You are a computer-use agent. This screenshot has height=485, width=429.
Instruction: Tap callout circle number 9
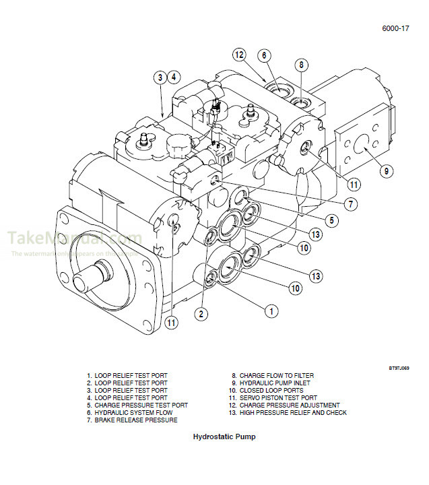[386, 171]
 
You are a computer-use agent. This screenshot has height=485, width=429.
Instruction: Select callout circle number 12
[240, 55]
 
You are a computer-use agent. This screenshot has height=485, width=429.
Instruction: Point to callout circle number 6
[264, 55]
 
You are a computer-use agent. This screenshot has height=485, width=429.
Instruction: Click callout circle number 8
[301, 65]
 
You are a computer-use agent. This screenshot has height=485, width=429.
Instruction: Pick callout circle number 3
[160, 77]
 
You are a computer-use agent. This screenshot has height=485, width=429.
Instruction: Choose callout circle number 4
[174, 77]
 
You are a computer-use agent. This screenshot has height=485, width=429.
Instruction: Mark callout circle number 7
[351, 203]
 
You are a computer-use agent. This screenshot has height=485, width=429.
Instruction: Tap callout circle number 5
[332, 220]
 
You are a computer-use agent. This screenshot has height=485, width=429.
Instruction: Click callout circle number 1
[271, 311]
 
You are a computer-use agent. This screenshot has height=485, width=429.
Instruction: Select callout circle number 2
[201, 313]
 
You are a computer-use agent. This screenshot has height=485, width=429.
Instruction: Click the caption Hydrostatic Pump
[224, 437]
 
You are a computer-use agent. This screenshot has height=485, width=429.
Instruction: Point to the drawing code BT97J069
[399, 368]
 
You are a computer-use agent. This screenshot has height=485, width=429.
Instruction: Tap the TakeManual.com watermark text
[74, 239]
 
